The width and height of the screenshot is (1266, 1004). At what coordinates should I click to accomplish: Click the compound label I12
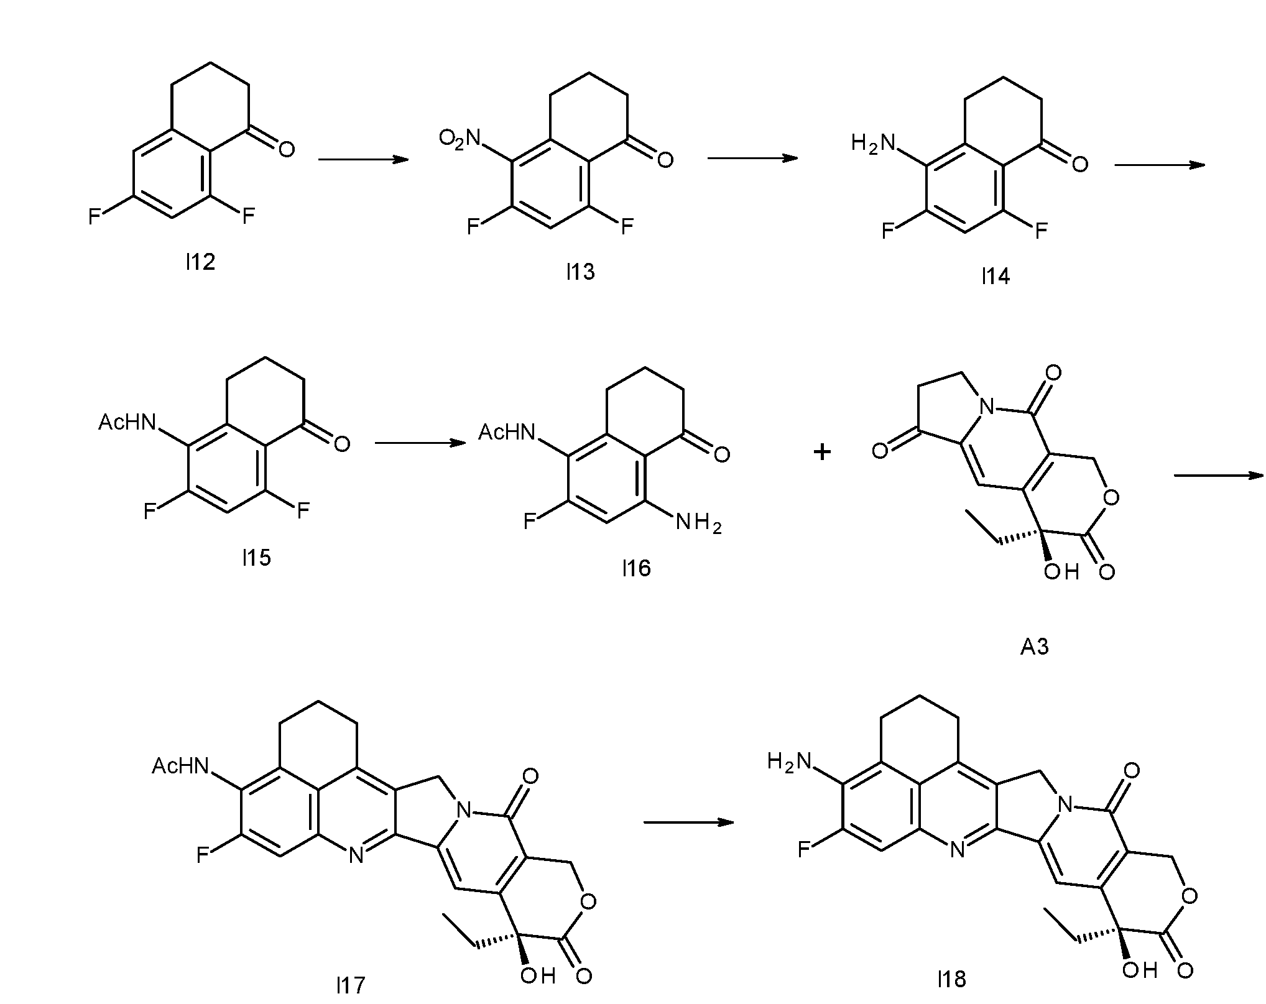tap(200, 262)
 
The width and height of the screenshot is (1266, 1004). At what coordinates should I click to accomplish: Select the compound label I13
tap(580, 272)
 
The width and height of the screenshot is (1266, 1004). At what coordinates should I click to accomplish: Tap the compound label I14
tap(996, 276)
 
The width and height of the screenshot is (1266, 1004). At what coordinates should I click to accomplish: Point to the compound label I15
tap(256, 558)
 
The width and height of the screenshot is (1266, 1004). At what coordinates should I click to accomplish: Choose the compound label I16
tap(636, 568)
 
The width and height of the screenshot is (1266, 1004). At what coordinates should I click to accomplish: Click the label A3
tap(1035, 647)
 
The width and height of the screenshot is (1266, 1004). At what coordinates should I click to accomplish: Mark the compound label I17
tap(351, 985)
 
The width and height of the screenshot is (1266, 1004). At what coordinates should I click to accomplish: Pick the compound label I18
tap(951, 980)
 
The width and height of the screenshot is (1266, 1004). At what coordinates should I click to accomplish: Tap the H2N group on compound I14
tap(873, 144)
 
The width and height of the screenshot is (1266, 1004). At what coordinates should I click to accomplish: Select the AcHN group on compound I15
tap(127, 423)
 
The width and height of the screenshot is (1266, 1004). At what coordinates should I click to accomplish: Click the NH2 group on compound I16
tap(699, 524)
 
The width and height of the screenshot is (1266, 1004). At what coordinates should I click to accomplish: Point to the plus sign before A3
tap(822, 452)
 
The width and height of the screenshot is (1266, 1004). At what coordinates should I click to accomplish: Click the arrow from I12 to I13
tap(363, 160)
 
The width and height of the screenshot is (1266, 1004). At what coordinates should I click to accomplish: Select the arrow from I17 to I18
tap(688, 822)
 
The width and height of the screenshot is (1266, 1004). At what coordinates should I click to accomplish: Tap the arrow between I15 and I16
tap(420, 443)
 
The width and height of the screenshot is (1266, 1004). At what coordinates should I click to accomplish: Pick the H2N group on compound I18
tap(790, 761)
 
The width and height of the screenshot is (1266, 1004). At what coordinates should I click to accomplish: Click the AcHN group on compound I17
tap(180, 766)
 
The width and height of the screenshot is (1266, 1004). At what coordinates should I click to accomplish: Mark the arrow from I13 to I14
tap(752, 158)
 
